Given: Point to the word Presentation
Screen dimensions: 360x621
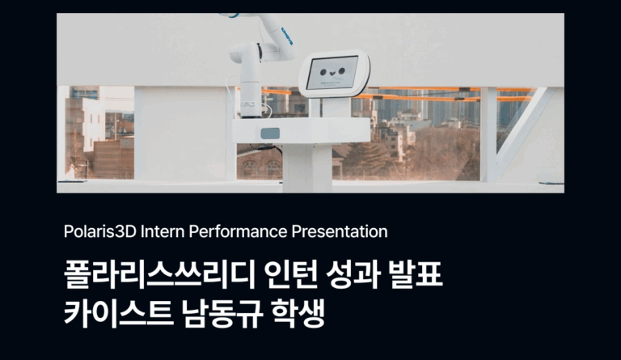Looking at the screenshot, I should point(340,232).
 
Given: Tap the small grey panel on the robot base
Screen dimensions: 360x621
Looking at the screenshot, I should point(270,133).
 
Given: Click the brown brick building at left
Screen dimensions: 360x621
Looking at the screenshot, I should point(113,158).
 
